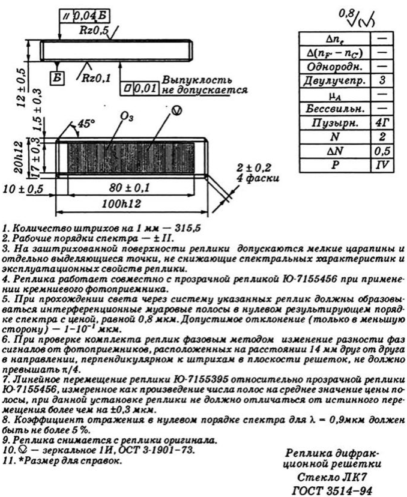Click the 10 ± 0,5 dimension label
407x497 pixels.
click(24, 188)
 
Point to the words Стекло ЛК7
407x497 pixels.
click(335, 477)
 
